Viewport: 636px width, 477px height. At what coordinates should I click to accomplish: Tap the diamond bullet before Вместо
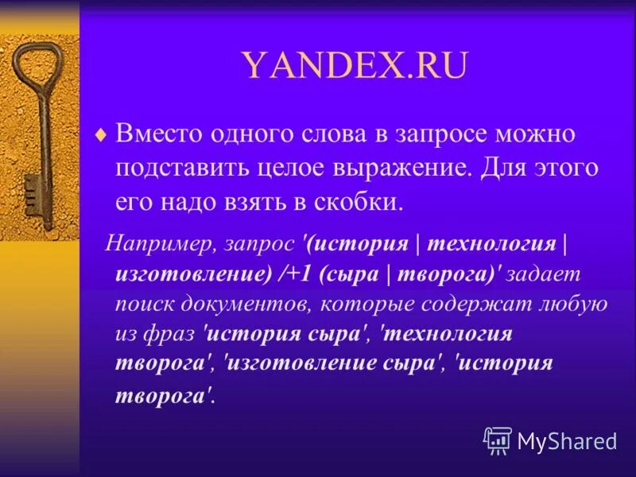[x=99, y=135]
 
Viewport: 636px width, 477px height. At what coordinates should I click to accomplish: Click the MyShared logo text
[x=568, y=440]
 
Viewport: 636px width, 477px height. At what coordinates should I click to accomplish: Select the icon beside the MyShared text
[x=498, y=440]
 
